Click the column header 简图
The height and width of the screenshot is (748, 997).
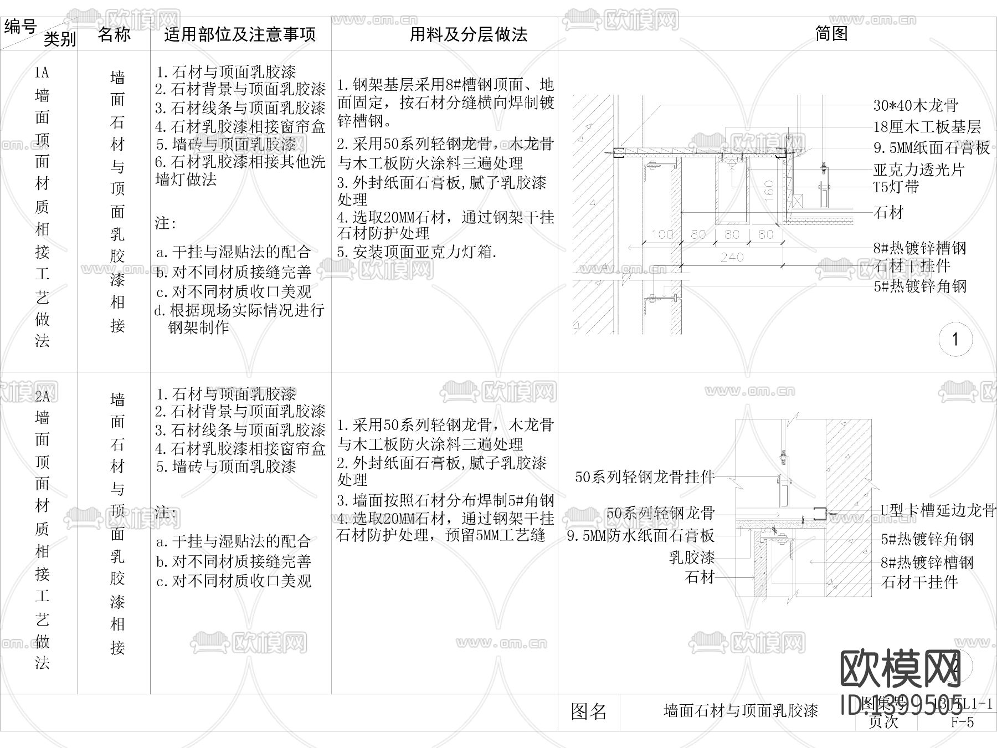click(831, 34)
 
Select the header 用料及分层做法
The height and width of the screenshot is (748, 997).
click(469, 35)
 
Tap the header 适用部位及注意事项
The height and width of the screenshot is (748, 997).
click(240, 35)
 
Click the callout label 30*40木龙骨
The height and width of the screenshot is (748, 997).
click(916, 105)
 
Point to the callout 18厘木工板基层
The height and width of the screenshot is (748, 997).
click(927, 127)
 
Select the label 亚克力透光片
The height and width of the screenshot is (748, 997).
click(919, 170)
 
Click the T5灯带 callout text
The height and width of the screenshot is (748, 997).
click(896, 187)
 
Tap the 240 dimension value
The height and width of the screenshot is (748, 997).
click(732, 257)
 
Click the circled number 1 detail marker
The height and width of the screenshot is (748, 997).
click(955, 339)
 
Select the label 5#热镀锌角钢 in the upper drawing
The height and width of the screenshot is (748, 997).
click(920, 286)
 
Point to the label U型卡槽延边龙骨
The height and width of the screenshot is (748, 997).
click(938, 510)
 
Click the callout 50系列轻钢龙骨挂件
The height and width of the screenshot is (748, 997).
click(644, 477)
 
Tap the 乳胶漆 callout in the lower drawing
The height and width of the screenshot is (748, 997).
click(692, 557)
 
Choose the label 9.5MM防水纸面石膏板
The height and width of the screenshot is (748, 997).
click(640, 536)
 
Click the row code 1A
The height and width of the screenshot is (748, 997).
click(42, 73)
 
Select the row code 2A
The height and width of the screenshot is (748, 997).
click(42, 396)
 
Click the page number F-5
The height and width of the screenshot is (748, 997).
click(962, 721)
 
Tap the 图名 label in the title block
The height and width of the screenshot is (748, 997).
click(588, 712)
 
